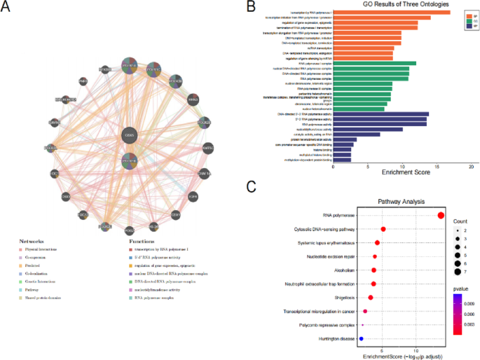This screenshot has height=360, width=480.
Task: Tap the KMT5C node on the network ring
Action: point(207,148)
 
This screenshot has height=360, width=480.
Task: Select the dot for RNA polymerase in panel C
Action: point(441,216)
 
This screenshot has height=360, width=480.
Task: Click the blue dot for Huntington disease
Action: point(361,339)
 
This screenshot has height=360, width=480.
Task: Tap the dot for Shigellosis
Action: point(371,298)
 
